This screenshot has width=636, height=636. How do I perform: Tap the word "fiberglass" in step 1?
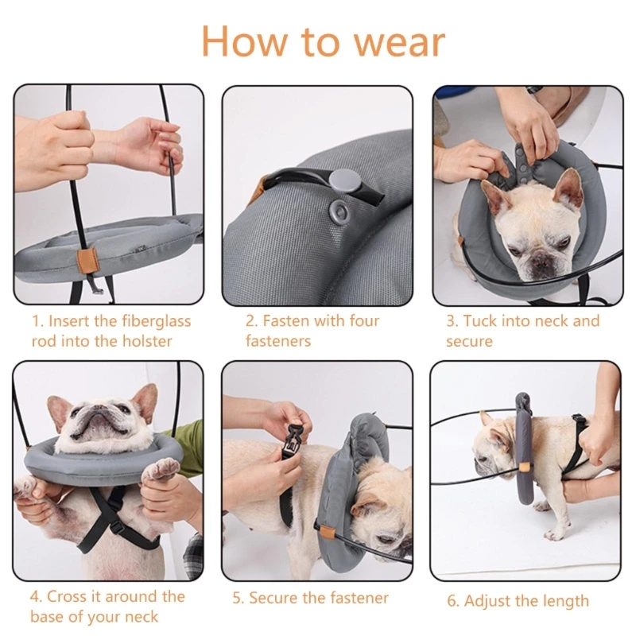(x=156, y=321)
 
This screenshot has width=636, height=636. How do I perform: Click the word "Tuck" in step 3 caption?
(x=480, y=321)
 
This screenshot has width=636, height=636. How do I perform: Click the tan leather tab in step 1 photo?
(x=87, y=262)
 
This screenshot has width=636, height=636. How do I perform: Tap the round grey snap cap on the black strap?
(x=340, y=180)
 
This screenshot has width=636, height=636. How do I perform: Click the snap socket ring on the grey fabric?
(x=339, y=210)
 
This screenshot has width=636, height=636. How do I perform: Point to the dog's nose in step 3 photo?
(x=542, y=262)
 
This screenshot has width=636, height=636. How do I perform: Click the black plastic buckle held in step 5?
(x=295, y=439)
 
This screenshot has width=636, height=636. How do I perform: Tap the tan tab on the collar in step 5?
(x=326, y=530)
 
